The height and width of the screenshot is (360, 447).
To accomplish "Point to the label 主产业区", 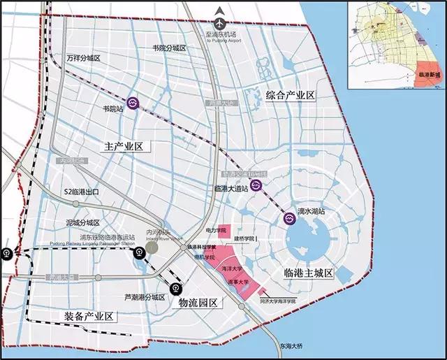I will point(123,147).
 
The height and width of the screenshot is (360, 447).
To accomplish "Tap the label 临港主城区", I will point(312,270).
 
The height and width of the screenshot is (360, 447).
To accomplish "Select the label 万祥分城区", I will point(82,59).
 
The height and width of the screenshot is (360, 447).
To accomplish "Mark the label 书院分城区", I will point(169,48).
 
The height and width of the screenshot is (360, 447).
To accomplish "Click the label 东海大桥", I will point(287,345).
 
